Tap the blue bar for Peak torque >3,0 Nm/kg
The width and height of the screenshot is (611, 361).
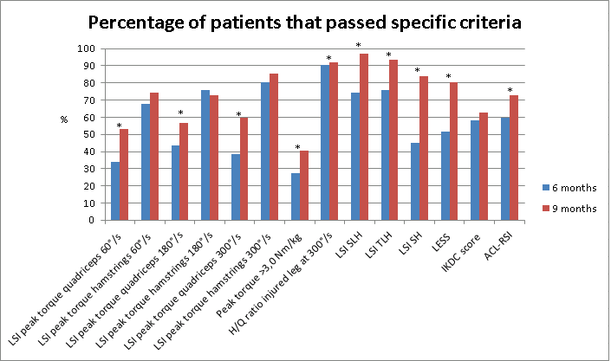pyautogui.click(x=296, y=197)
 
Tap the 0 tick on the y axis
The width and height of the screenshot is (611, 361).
pyautogui.click(x=78, y=220)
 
